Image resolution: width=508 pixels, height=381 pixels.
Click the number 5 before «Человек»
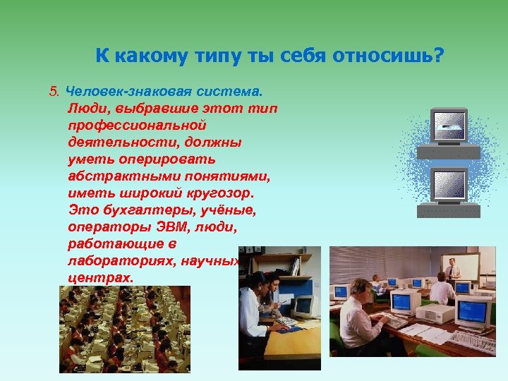pos(53,91)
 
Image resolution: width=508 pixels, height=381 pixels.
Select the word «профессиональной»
pos(137,125)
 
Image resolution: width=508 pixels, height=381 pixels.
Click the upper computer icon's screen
pos(448,126)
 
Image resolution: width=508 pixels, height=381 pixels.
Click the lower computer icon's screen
pos(448,184)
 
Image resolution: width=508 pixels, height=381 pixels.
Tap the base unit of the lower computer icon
pos(448,210)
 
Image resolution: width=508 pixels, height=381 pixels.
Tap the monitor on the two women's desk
pos(303,306)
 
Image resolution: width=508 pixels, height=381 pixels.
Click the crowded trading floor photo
pos(124,328)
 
